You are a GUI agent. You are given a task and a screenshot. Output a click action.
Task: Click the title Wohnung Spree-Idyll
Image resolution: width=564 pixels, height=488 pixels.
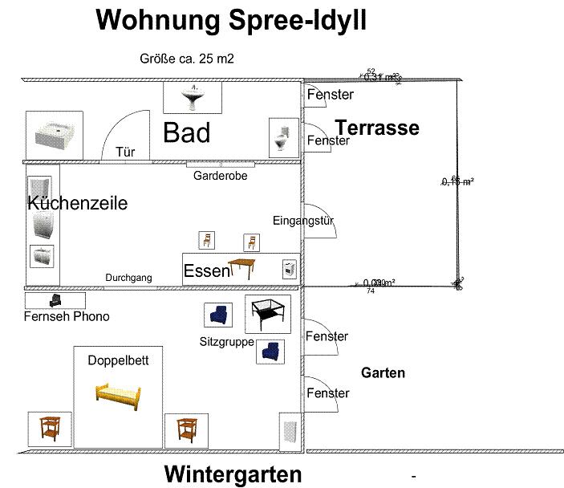coord(231,21)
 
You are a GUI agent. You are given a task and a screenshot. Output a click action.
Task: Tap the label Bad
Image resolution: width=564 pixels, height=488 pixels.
coord(186,132)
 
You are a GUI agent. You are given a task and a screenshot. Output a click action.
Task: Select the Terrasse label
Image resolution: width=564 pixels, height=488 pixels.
coord(377,128)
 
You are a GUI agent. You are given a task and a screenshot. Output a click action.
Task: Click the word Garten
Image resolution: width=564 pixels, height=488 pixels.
coord(383,372)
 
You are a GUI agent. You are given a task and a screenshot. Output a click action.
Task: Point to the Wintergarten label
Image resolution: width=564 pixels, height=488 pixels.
coord(233,474)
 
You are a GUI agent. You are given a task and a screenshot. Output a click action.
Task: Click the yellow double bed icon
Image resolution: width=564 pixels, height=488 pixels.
coord(118,394)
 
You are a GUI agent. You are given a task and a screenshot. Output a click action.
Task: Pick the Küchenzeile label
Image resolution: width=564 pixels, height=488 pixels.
coord(78,203)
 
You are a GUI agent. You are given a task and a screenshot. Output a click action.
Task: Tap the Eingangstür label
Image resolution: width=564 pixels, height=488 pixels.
coord(303,221)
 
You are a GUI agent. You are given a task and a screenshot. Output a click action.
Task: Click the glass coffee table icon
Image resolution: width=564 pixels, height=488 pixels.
coord(268,314)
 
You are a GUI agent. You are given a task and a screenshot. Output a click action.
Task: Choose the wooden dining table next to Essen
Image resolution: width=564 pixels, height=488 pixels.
coord(244,268)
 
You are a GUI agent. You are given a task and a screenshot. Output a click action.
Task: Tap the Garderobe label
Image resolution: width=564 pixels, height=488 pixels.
coord(220,176)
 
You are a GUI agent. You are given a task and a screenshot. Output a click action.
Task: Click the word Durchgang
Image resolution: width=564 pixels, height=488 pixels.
coord(128,278)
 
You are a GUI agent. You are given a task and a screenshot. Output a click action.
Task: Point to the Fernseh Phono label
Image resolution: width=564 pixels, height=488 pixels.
coord(66,316)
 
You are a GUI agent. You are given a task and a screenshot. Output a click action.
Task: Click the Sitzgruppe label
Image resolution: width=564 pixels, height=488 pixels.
coord(226,342)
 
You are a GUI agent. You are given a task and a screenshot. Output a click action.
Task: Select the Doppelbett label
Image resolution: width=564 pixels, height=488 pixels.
coord(118,360)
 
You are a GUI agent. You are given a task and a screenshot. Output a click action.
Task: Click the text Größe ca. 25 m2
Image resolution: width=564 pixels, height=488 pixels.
coord(187,58)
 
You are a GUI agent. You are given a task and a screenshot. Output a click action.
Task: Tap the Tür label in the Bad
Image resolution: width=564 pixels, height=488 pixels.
coord(124,151)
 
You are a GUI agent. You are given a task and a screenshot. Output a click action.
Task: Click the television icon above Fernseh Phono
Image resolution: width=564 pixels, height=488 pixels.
coord(55,299)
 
